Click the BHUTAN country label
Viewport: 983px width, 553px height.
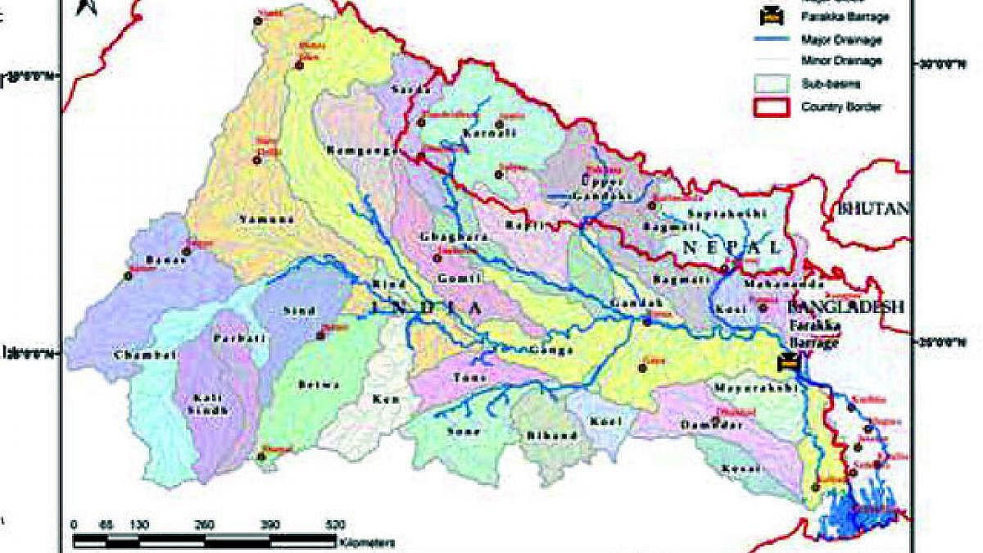(873, 208)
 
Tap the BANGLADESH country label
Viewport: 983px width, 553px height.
(845, 307)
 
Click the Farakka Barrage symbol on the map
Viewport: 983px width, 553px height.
(788, 361)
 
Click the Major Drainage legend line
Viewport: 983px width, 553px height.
(770, 39)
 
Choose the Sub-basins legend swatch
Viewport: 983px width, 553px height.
(770, 83)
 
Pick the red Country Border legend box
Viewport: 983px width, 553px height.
(770, 107)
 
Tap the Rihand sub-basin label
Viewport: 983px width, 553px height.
(556, 435)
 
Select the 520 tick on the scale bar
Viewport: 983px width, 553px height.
(335, 524)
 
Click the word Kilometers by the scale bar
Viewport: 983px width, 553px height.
(368, 542)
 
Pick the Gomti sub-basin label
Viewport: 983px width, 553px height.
(453, 279)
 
